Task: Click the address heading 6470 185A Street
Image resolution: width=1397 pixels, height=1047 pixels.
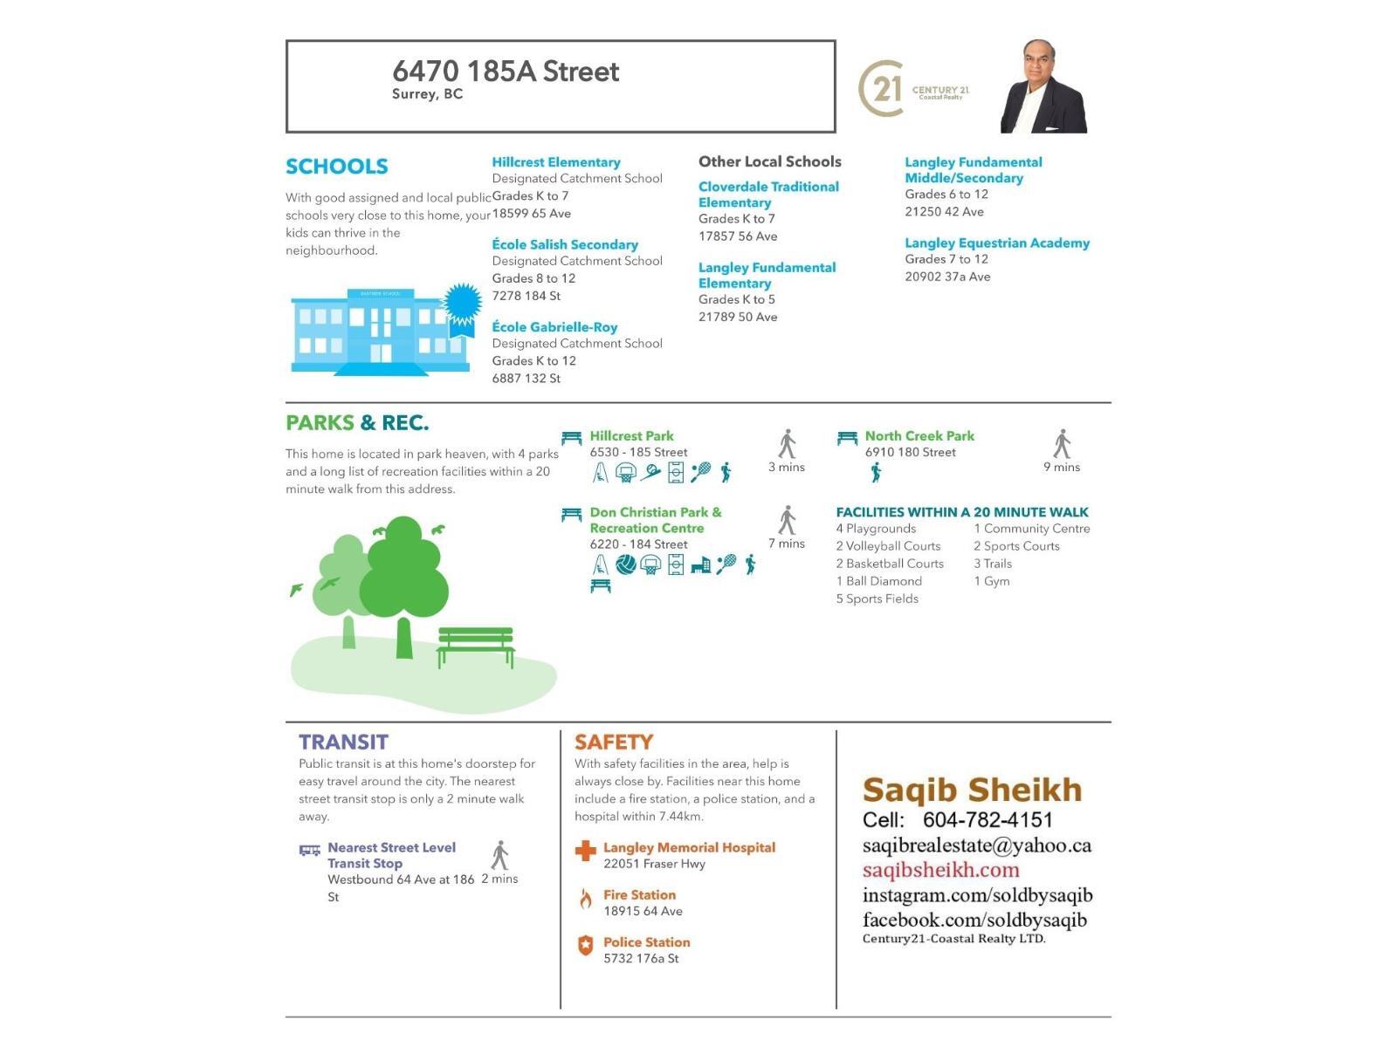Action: click(506, 72)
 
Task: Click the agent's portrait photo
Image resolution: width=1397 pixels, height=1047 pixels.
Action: click(1043, 87)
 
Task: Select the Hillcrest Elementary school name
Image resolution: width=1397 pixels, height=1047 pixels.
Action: click(555, 162)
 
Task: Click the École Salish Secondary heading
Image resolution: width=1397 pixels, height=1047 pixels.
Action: click(564, 244)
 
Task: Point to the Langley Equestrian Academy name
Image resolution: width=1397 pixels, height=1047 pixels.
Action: click(996, 243)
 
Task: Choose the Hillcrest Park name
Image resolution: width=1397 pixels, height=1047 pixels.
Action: click(631, 435)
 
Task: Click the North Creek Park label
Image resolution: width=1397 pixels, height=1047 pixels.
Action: click(919, 435)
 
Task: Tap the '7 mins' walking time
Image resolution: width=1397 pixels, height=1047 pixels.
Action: click(786, 544)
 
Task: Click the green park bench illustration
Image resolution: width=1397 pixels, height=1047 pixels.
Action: click(475, 647)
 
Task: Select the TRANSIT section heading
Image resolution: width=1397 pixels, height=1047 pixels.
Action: click(343, 742)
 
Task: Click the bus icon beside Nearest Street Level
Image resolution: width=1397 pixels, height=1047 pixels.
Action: click(309, 850)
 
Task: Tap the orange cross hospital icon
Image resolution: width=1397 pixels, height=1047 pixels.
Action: click(585, 851)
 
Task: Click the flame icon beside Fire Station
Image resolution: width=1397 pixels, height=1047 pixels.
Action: click(585, 899)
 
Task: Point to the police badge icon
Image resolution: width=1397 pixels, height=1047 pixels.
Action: click(585, 946)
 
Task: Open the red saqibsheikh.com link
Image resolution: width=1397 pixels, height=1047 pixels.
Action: click(940, 870)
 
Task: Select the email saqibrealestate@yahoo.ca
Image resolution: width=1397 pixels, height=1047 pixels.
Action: click(976, 845)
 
